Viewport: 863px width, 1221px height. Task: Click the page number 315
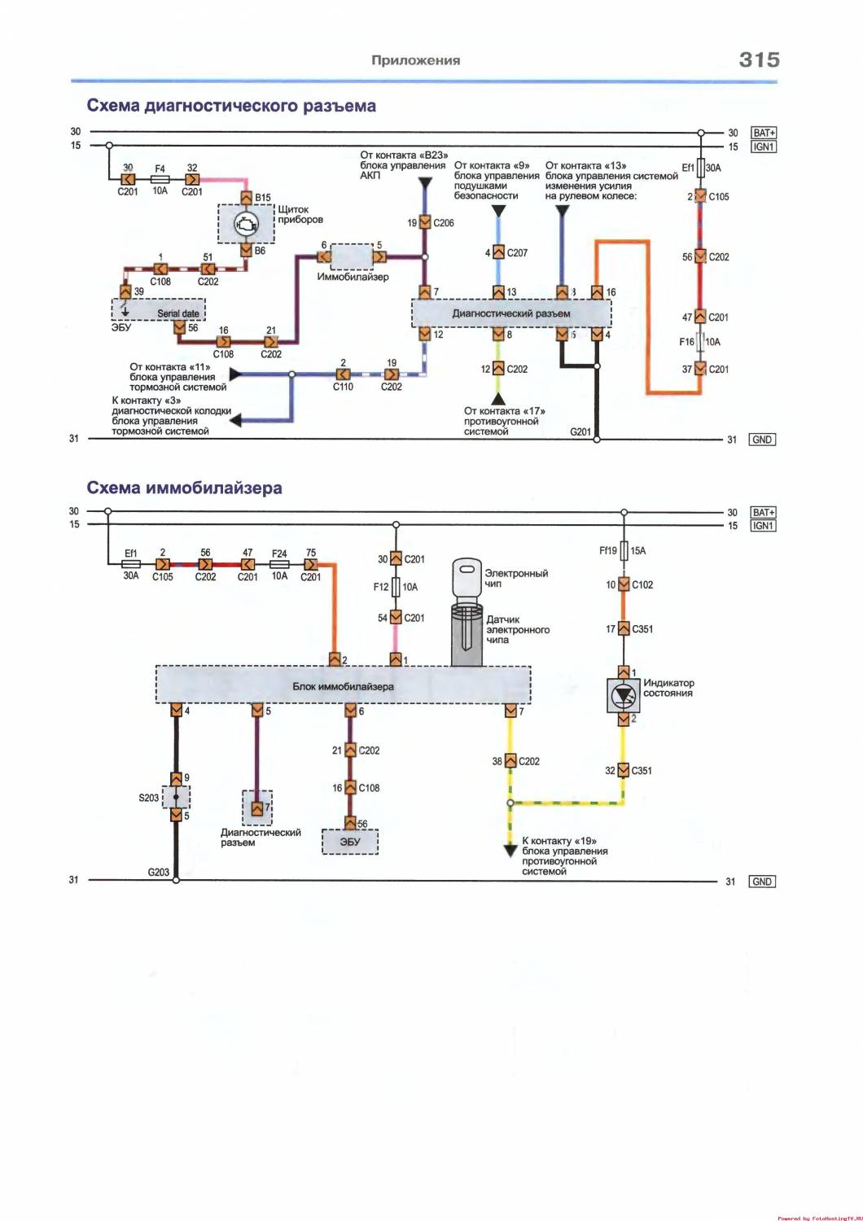point(759,59)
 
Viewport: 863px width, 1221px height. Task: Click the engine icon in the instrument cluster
point(245,224)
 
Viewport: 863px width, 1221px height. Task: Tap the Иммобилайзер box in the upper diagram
point(352,256)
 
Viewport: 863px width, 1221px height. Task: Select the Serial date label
point(178,313)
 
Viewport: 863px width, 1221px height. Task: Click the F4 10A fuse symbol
point(160,179)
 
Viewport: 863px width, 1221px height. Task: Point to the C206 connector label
point(444,222)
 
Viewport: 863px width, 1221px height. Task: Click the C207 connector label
point(517,252)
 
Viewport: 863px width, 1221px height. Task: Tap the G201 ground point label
point(580,431)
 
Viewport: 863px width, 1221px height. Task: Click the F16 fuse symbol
point(700,342)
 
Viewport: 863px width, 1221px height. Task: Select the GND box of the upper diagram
point(762,440)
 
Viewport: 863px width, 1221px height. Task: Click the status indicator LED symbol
point(623,695)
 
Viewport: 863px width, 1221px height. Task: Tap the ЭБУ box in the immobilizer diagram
point(350,842)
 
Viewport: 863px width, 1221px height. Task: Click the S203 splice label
point(148,798)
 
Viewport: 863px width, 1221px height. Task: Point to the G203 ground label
point(158,872)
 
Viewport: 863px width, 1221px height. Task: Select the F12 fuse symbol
point(396,587)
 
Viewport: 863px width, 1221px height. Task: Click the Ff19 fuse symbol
point(624,550)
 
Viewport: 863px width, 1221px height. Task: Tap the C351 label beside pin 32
point(642,770)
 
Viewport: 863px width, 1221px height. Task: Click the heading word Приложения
point(415,60)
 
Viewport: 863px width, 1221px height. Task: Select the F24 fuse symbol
point(279,565)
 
